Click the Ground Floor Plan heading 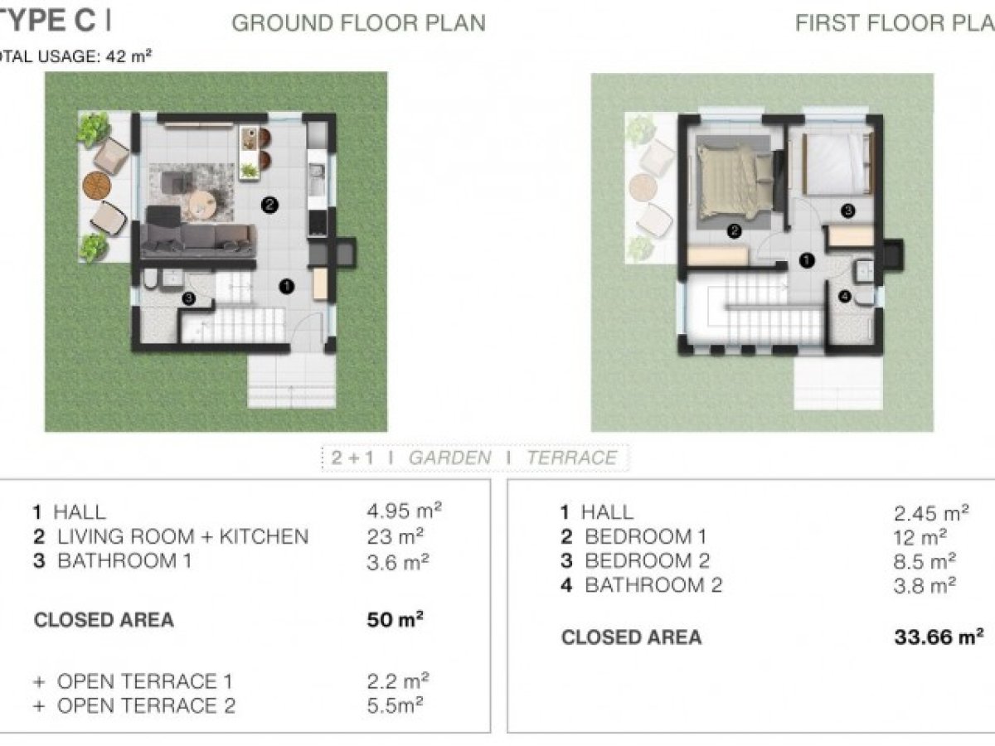(x=358, y=23)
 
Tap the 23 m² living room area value (x=396, y=537)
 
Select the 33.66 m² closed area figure (x=939, y=637)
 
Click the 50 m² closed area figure (x=396, y=620)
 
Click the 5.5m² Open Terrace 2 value (x=395, y=705)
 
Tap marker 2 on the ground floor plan (x=269, y=206)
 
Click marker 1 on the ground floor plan (x=287, y=286)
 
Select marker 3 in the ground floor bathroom (x=188, y=298)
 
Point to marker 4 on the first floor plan (x=844, y=296)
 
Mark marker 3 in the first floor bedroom (x=847, y=211)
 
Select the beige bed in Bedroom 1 (x=735, y=181)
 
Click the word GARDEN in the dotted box (x=450, y=458)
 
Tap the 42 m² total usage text (x=129, y=56)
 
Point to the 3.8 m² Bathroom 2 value (x=925, y=586)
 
